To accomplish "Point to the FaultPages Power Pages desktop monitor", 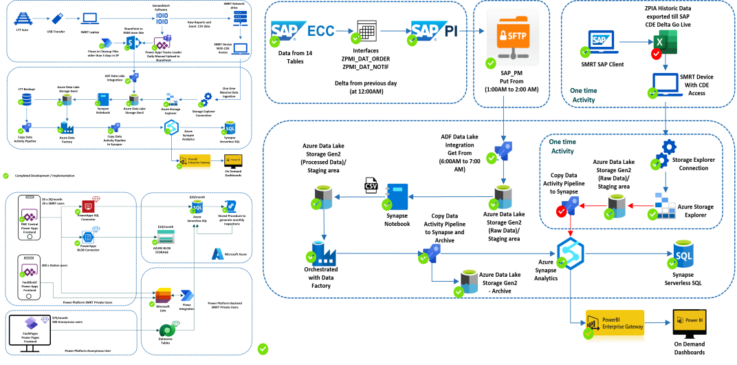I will (x=29, y=329).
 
